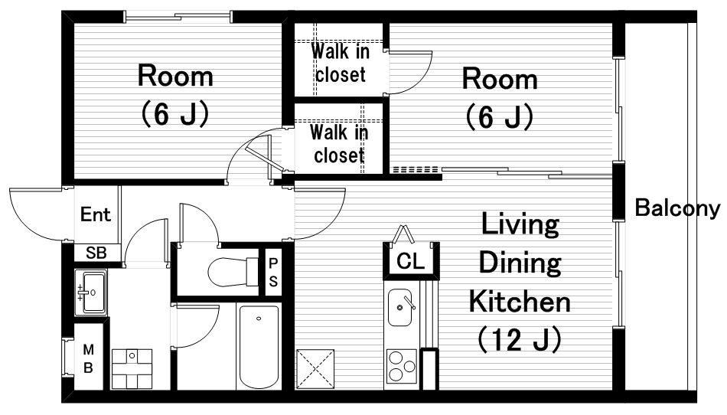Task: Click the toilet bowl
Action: [x=233, y=272]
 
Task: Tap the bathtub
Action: [x=259, y=346]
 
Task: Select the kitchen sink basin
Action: [x=399, y=307]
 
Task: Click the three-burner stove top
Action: [x=402, y=366]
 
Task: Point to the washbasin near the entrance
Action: [x=91, y=292]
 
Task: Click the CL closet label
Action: [x=411, y=261]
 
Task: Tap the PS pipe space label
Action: [x=273, y=272]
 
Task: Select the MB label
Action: [x=88, y=358]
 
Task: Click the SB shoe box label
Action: [x=96, y=253]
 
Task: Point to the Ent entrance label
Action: [x=96, y=214]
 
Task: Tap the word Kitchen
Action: [x=520, y=302]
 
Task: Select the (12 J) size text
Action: [x=520, y=339]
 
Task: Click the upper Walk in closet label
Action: [x=341, y=63]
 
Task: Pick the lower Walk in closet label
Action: [x=339, y=143]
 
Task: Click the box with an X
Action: [x=315, y=369]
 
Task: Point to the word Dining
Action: [x=520, y=263]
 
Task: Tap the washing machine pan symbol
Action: [x=132, y=369]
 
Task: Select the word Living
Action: [x=520, y=224]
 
